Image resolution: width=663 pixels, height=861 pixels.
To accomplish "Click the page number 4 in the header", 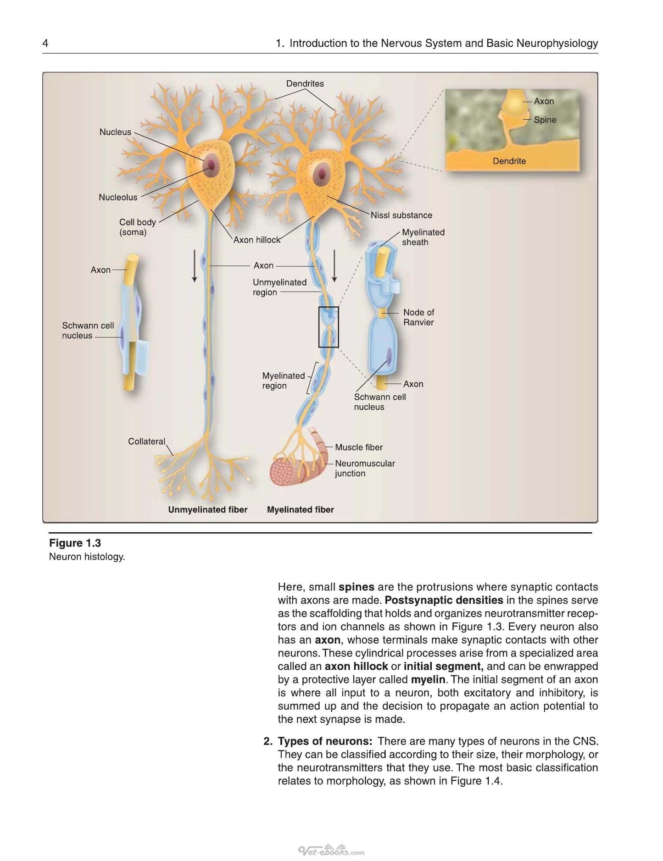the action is [x=45, y=44].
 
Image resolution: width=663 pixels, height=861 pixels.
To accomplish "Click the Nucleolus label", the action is [x=118, y=197].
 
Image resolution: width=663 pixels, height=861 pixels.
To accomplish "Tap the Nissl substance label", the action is [x=401, y=215].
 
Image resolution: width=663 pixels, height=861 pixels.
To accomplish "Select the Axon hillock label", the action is [x=257, y=240].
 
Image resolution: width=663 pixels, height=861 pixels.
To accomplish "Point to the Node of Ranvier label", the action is [x=418, y=317].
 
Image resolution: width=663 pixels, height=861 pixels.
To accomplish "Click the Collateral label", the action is [x=146, y=442].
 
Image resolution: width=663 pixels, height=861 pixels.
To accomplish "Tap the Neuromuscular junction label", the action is [x=365, y=468].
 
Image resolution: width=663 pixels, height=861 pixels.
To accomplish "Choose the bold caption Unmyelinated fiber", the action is [x=208, y=509].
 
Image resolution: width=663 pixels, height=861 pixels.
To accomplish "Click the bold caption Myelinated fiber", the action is [x=301, y=509].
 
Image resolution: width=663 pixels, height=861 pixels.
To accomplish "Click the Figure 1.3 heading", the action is [x=75, y=543].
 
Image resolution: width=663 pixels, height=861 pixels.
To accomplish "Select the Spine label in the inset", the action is [x=545, y=120].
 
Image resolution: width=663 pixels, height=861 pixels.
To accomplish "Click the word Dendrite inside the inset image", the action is [x=509, y=161].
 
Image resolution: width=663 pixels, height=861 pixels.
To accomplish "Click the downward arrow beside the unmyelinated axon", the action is [x=195, y=266].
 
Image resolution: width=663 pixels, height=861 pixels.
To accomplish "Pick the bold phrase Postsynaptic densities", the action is [x=444, y=600].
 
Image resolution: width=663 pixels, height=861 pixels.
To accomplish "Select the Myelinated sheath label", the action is [x=423, y=237].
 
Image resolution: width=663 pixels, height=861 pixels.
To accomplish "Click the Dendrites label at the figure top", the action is [x=305, y=83].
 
